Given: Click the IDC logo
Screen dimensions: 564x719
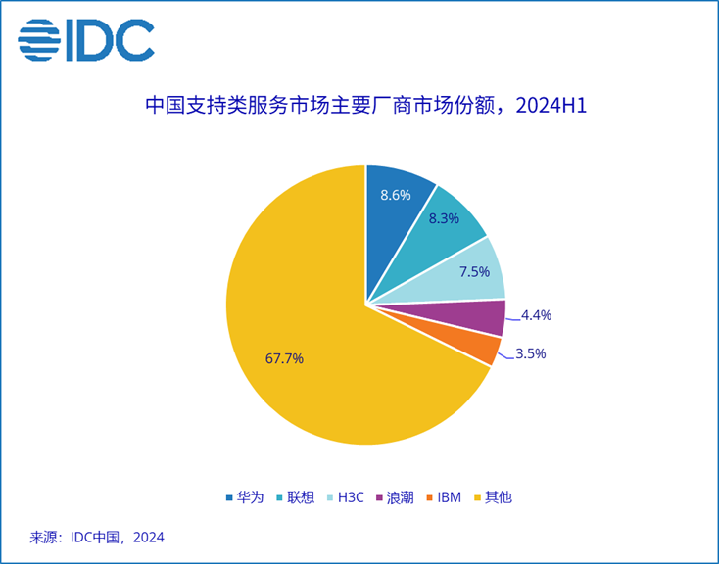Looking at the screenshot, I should pos(86,39).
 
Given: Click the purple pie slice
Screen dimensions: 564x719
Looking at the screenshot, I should pos(480,317).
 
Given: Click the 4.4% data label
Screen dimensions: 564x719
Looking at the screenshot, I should pos(537,315).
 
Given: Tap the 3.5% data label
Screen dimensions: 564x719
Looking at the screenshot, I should pos(530,353).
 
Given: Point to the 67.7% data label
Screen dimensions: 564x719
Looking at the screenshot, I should pos(284,358).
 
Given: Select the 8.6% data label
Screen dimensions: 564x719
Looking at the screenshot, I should pos(395,195).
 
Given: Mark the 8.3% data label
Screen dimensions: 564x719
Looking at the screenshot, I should pos(445,220).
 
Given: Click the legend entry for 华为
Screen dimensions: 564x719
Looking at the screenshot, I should pos(245,497).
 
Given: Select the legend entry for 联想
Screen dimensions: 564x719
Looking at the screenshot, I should pos(297,497).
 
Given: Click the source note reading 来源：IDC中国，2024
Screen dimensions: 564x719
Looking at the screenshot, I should pos(97,537).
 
